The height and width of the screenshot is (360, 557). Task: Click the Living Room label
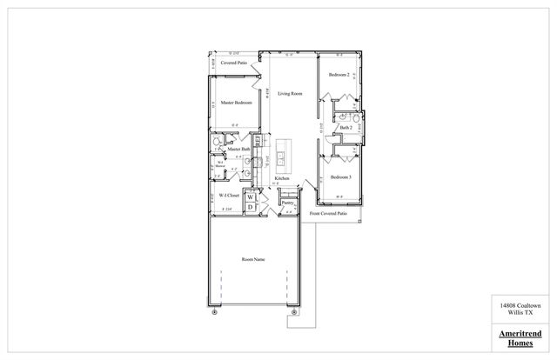tap(290, 93)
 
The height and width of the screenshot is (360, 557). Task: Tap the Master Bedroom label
tap(236, 103)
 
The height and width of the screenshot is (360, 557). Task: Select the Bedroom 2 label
tap(339, 76)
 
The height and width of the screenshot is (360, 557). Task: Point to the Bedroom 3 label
tap(340, 177)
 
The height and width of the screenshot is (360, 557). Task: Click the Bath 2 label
tap(346, 128)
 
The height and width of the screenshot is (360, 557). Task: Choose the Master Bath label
tap(239, 150)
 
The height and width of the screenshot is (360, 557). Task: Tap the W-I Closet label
tap(229, 196)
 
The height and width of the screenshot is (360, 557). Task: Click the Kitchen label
tap(282, 177)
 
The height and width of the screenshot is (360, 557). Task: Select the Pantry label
tap(287, 202)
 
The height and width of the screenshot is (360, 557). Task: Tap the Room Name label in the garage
tap(253, 259)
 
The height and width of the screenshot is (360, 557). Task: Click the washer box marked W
tap(251, 197)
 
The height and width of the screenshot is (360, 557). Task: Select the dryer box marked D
tap(251, 207)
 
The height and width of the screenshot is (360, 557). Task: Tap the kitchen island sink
tap(283, 157)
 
